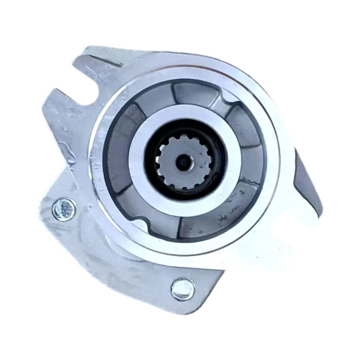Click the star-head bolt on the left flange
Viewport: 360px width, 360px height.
[x=64, y=208]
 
